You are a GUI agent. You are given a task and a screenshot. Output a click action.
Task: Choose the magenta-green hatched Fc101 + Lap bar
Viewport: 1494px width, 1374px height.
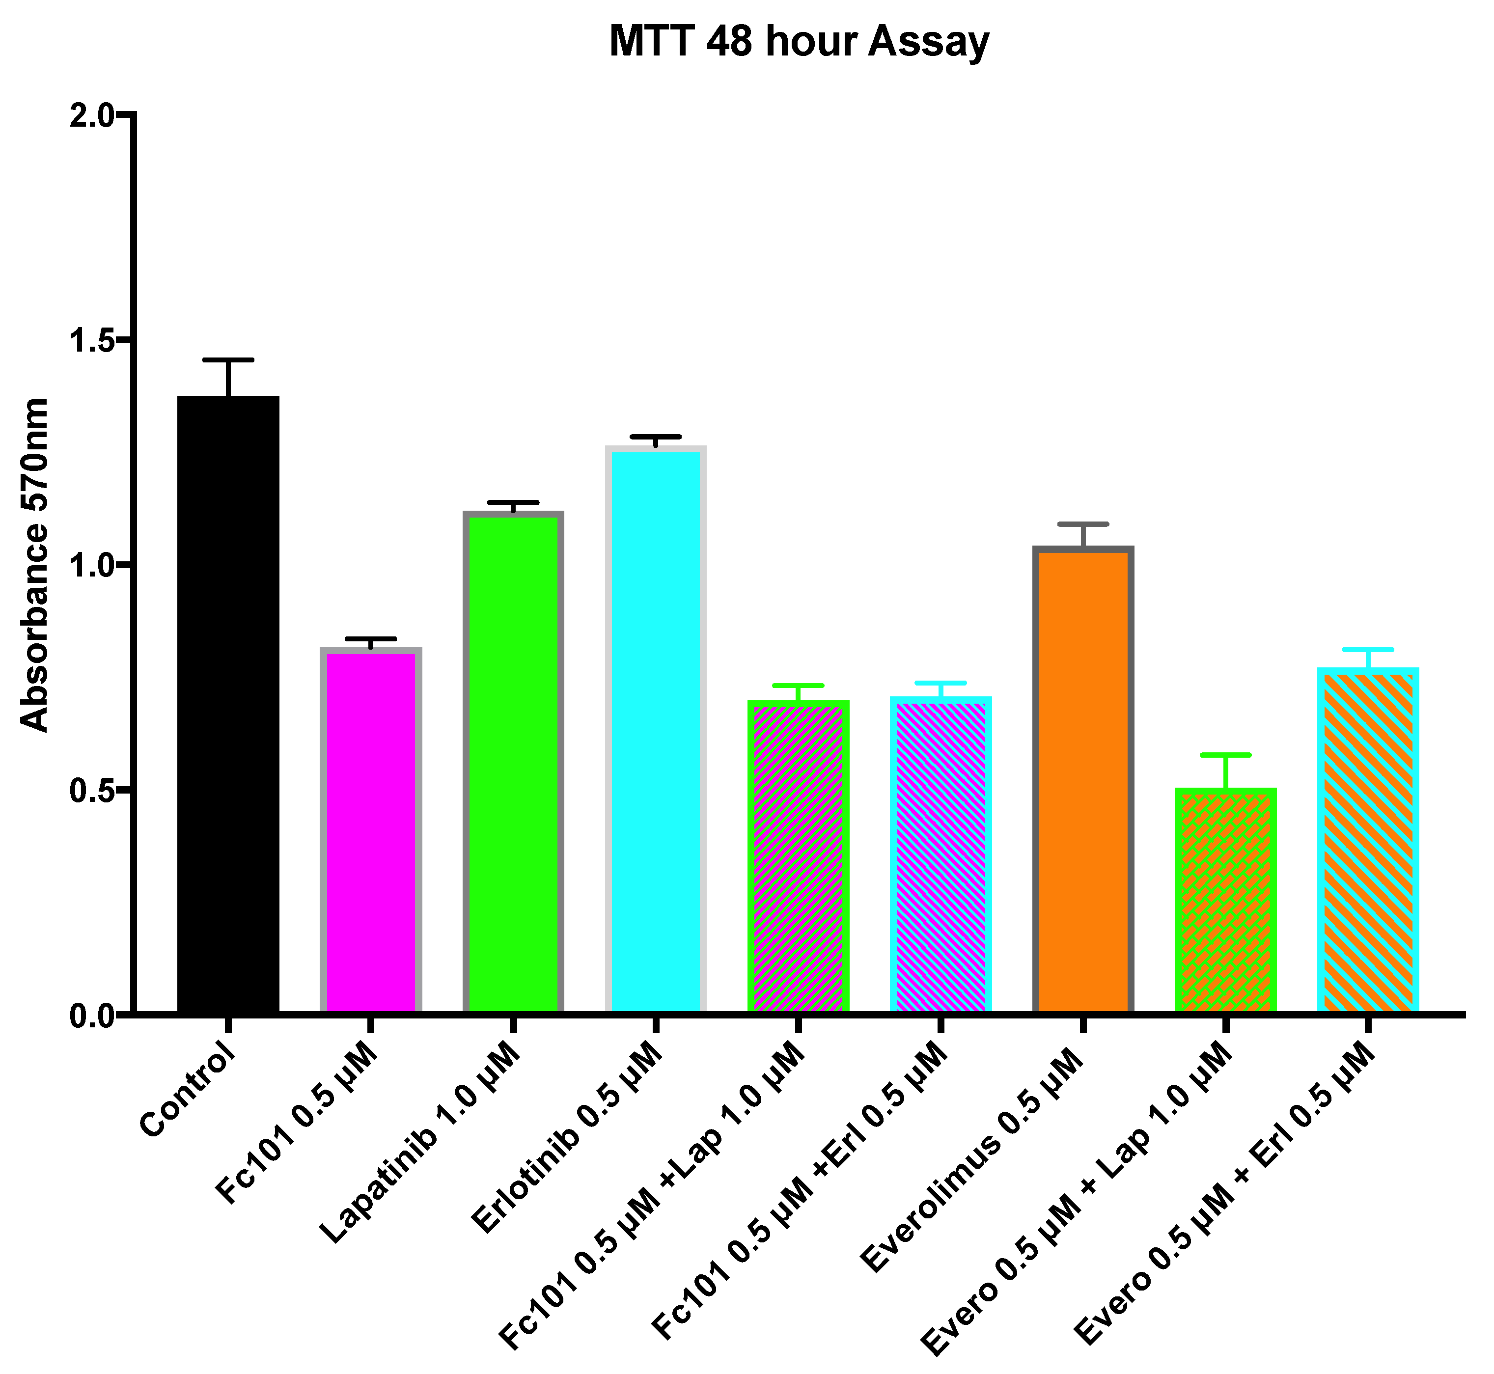[798, 855]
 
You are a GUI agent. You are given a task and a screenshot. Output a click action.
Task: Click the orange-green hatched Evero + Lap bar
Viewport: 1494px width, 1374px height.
[1225, 899]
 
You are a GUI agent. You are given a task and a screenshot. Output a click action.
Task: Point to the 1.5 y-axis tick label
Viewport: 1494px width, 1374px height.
[93, 342]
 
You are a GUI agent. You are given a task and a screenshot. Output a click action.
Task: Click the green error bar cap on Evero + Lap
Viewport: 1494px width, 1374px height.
[1225, 755]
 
